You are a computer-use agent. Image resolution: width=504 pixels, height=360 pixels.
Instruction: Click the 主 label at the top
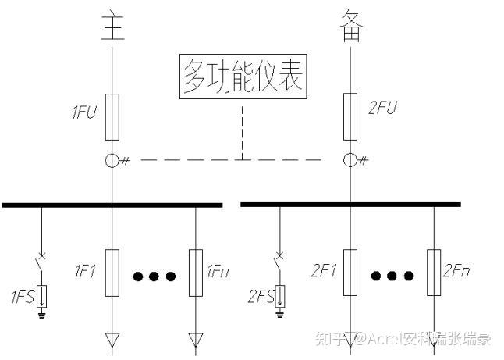coord(112,25)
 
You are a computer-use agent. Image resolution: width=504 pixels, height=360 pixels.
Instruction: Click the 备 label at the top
coord(351,25)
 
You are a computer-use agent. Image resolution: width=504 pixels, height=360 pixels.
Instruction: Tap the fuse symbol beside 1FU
coord(112,117)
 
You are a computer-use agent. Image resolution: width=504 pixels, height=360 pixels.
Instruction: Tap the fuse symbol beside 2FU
coord(350,117)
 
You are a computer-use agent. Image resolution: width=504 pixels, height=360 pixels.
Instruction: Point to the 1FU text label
coord(84,112)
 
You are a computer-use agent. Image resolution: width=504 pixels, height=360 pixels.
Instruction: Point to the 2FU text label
coord(382,108)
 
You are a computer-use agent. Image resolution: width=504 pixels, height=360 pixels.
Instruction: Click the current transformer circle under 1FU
coord(112,161)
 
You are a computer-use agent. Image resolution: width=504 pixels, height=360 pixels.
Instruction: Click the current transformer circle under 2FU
coord(350,160)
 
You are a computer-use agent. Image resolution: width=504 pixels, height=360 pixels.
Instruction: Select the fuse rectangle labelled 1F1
coord(112,273)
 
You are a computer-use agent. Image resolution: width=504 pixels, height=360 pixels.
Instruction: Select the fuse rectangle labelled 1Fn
coord(196,273)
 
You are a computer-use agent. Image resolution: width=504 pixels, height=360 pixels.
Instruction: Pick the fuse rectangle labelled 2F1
coord(350,273)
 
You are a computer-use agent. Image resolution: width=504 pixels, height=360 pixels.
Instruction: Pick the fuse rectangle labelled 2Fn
coord(434,273)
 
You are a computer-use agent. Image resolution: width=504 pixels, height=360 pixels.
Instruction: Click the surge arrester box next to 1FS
coord(41,296)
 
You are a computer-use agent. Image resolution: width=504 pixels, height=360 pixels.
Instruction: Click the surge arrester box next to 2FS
coord(279,296)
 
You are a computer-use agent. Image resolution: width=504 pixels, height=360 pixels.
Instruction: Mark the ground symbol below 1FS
coord(41,314)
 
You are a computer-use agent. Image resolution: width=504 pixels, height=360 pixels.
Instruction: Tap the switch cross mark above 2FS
coord(280,256)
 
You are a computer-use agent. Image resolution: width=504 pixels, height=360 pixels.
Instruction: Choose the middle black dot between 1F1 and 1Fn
coord(154,276)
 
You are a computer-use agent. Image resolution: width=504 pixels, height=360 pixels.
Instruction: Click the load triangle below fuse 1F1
coord(112,340)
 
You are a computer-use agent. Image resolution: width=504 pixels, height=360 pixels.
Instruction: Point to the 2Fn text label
coord(456,271)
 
